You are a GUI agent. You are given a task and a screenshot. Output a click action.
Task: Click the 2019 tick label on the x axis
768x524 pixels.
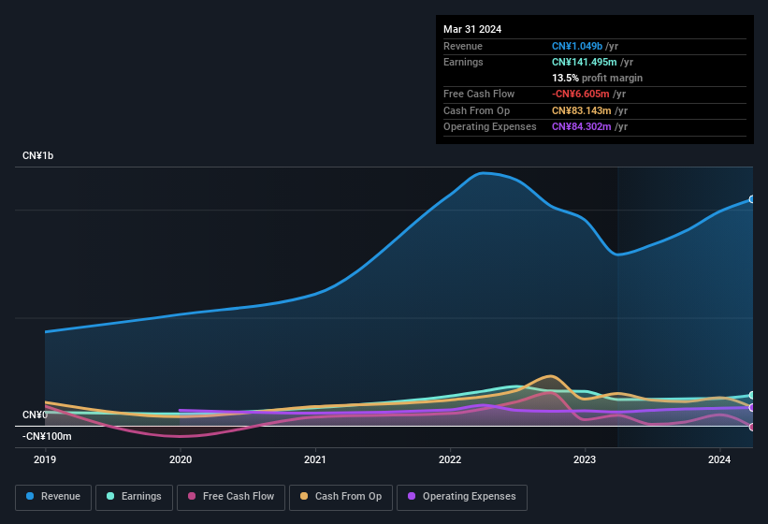pos(45,459)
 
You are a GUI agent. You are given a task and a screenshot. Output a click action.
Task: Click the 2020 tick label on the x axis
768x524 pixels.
pos(180,459)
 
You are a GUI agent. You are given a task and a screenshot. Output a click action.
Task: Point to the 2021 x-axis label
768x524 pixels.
pos(315,459)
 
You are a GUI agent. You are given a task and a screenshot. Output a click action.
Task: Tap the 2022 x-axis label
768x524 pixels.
pos(450,459)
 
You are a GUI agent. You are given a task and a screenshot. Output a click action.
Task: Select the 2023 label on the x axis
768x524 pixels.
pos(585,459)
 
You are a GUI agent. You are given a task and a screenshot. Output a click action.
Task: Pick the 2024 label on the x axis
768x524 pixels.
pos(719,459)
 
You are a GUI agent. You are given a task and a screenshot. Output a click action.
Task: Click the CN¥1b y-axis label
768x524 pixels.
pos(38,155)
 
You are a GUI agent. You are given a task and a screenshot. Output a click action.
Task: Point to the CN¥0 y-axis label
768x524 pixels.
pos(35,415)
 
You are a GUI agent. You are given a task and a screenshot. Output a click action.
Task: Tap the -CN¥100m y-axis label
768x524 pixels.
pos(47,436)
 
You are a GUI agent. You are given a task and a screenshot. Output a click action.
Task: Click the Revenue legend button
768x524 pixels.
pos(53,496)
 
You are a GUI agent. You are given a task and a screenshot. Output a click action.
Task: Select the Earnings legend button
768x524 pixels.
pos(134,496)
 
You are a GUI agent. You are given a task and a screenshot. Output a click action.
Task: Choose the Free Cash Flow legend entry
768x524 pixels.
pos(230,496)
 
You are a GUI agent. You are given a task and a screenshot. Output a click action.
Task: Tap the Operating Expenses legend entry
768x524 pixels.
pos(461,496)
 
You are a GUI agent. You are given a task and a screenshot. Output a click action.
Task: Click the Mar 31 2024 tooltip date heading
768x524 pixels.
pos(472,29)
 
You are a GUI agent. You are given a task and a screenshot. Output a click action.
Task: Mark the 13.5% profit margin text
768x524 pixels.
pos(597,78)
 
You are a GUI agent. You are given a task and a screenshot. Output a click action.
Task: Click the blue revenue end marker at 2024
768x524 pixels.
pos(752,199)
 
